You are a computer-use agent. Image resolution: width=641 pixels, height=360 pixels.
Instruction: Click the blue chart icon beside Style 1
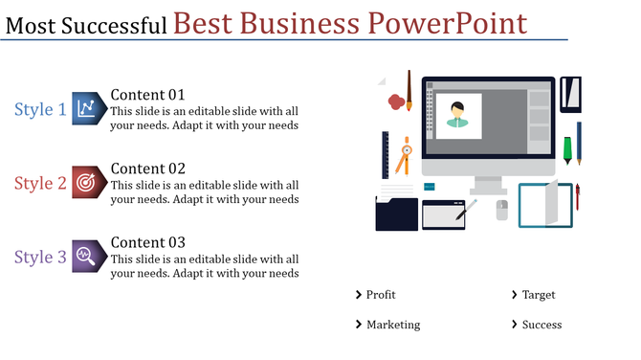click(x=87, y=109)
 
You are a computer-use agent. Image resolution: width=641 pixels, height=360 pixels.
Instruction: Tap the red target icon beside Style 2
click(x=87, y=182)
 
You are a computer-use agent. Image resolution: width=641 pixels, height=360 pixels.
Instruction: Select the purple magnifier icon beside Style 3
click(x=87, y=256)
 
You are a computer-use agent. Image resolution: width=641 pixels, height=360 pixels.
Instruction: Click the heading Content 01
click(x=147, y=94)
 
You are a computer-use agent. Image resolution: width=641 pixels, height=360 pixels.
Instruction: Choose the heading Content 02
click(x=147, y=168)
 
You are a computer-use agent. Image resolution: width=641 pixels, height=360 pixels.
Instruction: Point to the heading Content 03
click(x=147, y=242)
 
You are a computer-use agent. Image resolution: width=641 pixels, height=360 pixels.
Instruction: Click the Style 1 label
click(x=40, y=110)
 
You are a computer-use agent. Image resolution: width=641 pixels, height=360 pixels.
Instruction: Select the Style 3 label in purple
click(x=40, y=257)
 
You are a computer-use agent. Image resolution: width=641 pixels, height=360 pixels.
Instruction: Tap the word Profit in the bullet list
click(x=381, y=295)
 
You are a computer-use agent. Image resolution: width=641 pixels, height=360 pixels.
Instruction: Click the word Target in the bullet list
click(x=539, y=295)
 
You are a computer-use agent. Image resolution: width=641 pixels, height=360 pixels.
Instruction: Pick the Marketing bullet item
click(x=393, y=325)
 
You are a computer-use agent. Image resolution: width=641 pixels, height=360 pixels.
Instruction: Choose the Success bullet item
click(x=542, y=325)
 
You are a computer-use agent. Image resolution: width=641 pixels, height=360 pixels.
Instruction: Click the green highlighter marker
click(x=567, y=148)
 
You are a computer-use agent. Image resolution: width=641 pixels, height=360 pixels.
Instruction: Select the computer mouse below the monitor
click(x=502, y=210)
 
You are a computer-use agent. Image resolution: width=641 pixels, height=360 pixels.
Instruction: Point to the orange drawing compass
click(x=405, y=155)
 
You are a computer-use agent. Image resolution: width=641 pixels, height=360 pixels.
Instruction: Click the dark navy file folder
click(x=396, y=213)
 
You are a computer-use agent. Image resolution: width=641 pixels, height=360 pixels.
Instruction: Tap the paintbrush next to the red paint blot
click(x=409, y=90)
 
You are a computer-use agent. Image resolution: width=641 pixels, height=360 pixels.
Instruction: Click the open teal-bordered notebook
click(x=544, y=205)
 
